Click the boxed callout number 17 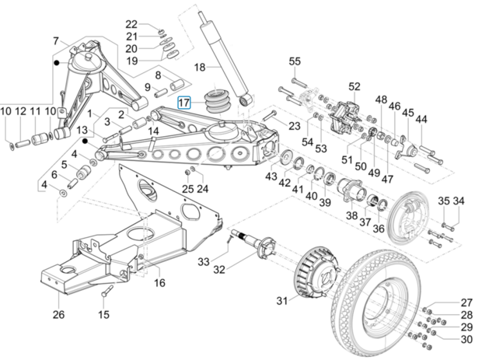(x=183, y=103)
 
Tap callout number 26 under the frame (x=58, y=315)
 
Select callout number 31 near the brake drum (x=281, y=301)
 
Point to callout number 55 (x=295, y=61)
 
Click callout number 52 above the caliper (x=355, y=86)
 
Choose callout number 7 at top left (x=55, y=40)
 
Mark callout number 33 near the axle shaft (x=203, y=260)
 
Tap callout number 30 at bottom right (x=466, y=339)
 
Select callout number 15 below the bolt (x=104, y=314)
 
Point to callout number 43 (x=271, y=177)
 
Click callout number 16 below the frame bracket (x=159, y=283)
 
